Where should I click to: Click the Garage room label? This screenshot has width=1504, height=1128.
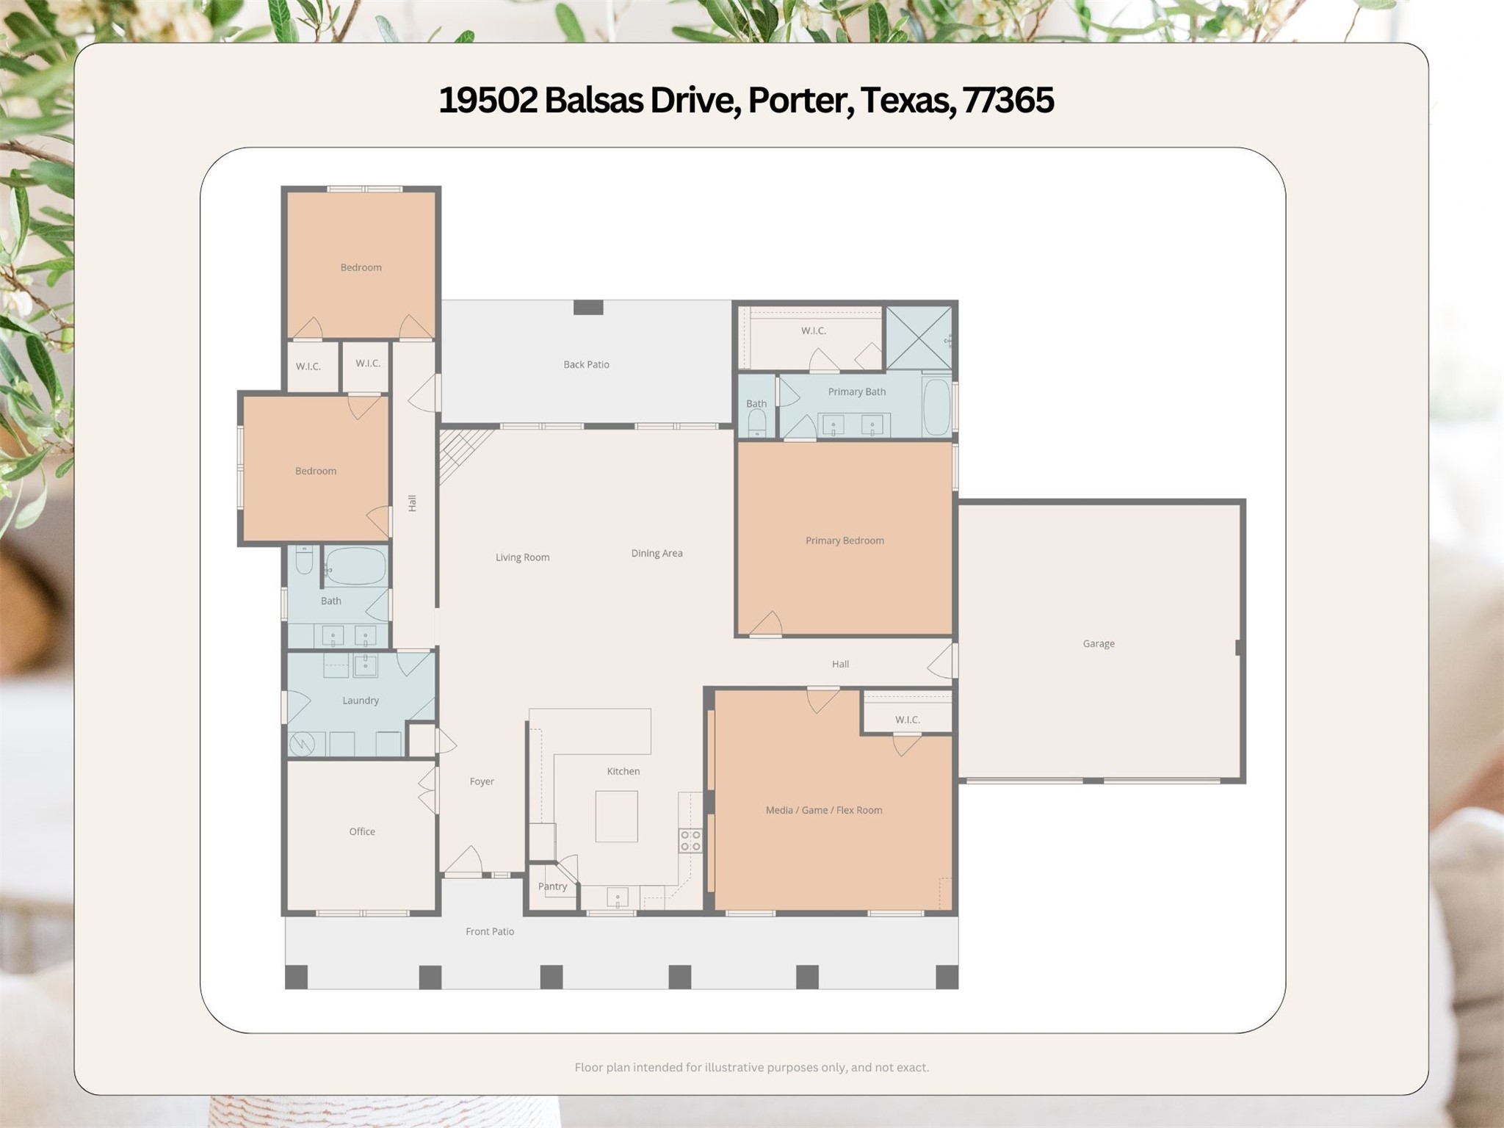(x=1099, y=644)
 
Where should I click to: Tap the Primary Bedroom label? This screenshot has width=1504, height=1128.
(x=845, y=540)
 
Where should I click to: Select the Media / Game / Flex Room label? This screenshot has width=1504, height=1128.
(x=824, y=810)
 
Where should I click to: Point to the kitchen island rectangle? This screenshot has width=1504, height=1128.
(x=616, y=816)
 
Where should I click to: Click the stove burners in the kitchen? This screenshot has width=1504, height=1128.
(x=690, y=840)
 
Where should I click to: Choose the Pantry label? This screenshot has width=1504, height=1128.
(x=552, y=886)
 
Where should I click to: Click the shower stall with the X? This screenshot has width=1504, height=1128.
(x=919, y=338)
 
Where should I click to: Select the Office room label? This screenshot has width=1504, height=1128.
(x=362, y=831)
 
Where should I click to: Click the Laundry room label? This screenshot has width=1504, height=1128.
(x=361, y=701)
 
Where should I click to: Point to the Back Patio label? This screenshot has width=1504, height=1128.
(x=586, y=364)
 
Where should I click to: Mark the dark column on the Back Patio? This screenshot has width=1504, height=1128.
(x=588, y=307)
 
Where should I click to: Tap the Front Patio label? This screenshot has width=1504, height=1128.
(x=490, y=931)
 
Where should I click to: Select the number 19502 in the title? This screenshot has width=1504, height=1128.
(x=488, y=100)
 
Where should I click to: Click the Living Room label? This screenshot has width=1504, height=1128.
(x=522, y=557)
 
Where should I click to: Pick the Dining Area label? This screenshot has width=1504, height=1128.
(x=657, y=553)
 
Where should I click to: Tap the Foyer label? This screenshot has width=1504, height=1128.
(x=482, y=781)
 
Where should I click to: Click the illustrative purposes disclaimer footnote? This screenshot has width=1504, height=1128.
(x=751, y=1067)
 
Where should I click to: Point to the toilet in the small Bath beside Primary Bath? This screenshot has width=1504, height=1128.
(x=756, y=423)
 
